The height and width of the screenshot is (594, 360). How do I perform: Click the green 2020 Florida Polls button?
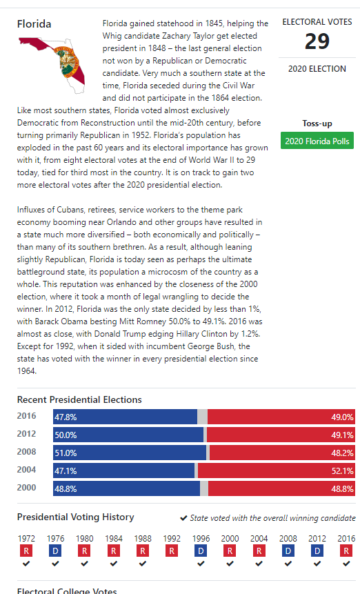pyautogui.click(x=317, y=141)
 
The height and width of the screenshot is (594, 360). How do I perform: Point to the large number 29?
pyautogui.click(x=317, y=41)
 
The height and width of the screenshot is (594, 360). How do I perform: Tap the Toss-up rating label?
pyautogui.click(x=317, y=123)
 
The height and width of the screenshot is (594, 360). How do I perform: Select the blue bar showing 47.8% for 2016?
pyautogui.click(x=125, y=417)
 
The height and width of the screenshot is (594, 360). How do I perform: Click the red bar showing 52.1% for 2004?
pyautogui.click(x=277, y=471)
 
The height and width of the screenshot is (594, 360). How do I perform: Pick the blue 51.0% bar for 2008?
pyautogui.click(x=130, y=453)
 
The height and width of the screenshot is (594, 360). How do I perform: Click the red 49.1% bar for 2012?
pyautogui.click(x=281, y=435)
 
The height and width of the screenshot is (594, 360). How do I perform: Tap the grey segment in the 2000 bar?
pyautogui.click(x=204, y=488)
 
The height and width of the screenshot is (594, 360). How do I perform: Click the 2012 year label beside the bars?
pyautogui.click(x=26, y=434)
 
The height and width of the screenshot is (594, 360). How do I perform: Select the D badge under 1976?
pyautogui.click(x=55, y=551)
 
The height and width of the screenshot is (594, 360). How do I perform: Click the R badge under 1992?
pyautogui.click(x=172, y=551)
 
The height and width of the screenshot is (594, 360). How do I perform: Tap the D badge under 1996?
pyautogui.click(x=201, y=551)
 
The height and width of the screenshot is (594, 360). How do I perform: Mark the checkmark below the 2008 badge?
pyautogui.click(x=288, y=564)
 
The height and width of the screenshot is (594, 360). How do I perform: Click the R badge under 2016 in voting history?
pyautogui.click(x=346, y=551)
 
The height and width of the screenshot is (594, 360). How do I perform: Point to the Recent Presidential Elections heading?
pyautogui.click(x=79, y=399)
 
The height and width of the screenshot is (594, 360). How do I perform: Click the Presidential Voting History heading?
pyautogui.click(x=76, y=517)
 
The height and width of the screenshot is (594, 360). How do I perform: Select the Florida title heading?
pyautogui.click(x=34, y=24)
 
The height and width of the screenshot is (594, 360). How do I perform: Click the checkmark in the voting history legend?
pyautogui.click(x=183, y=518)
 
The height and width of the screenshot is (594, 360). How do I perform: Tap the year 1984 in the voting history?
pyautogui.click(x=114, y=538)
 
